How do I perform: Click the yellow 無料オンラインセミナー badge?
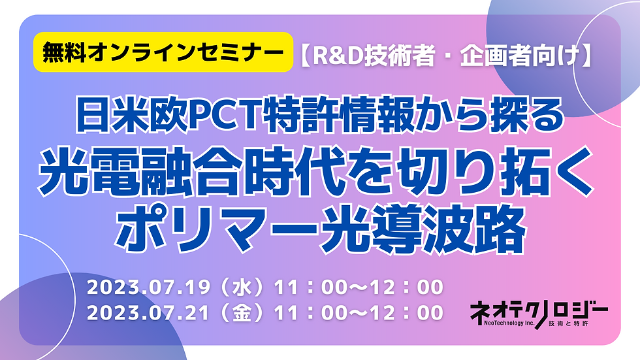click(x=163, y=52)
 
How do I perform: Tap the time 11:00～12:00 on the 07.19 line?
click(x=359, y=287)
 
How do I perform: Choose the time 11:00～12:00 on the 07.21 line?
click(x=359, y=313)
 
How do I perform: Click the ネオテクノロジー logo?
click(x=539, y=314)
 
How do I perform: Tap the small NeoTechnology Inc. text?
click(x=509, y=323)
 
